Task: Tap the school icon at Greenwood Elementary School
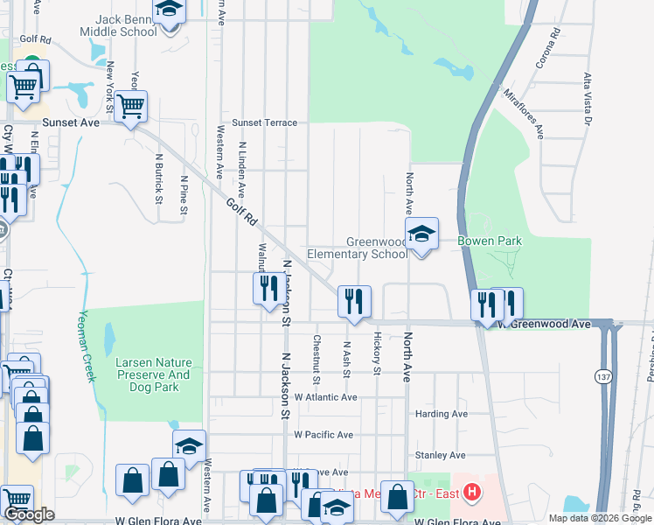tap(422, 234)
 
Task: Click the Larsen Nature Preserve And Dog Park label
tap(153, 368)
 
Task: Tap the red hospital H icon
tap(472, 493)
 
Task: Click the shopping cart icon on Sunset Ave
tap(131, 107)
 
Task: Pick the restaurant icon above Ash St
tap(355, 301)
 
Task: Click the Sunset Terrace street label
tap(264, 123)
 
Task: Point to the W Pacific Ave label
tap(323, 434)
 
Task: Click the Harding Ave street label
tap(444, 414)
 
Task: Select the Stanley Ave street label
tap(440, 455)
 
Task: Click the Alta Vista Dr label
tap(588, 98)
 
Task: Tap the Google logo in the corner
tap(29, 515)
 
